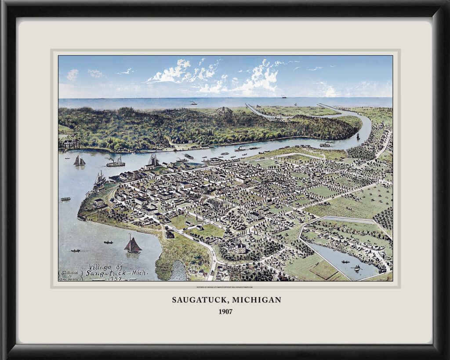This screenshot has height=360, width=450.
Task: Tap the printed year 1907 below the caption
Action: [225, 312]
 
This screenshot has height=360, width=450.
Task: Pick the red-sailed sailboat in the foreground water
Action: [132, 245]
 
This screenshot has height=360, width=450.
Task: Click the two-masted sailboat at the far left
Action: [79, 161]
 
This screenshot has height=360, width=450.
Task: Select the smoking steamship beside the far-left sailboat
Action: [115, 163]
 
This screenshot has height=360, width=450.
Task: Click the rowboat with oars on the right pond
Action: [356, 267]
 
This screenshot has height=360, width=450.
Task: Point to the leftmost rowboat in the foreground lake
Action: [75, 251]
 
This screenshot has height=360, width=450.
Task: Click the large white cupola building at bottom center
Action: [240, 247]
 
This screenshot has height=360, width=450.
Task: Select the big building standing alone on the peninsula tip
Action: [99, 203]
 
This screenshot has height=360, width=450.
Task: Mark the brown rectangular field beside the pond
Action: [323, 269]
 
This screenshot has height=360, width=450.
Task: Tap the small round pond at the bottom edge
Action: [178, 272]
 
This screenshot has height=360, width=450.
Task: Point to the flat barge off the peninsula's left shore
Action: [65, 199]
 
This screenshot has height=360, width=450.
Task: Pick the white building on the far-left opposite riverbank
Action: [69, 143]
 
